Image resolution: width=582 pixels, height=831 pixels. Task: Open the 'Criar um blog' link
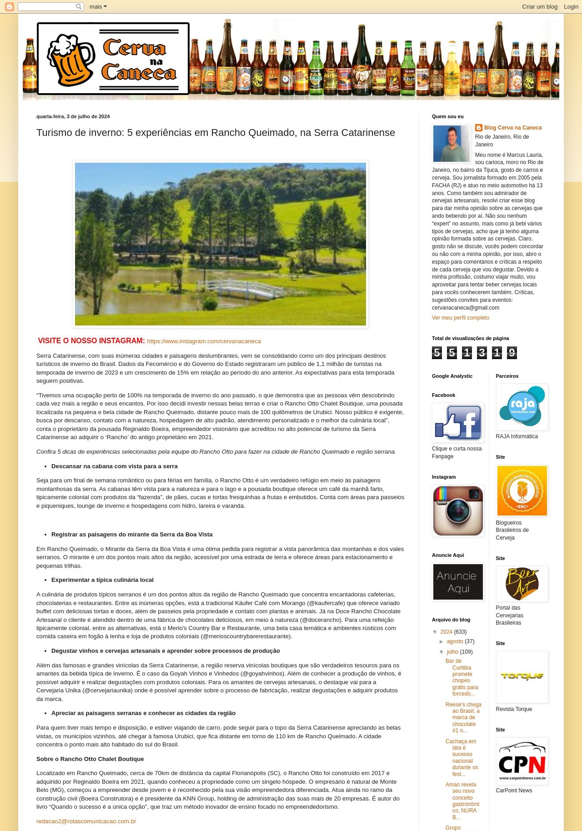[539, 6]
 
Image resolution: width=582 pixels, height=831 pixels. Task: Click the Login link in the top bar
[571, 6]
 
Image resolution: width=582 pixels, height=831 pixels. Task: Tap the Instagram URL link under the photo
[204, 341]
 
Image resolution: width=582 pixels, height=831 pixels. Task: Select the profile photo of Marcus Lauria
[451, 144]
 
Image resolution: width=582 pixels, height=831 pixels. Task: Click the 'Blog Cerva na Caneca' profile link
[512, 128]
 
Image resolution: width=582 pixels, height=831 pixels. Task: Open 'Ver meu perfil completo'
[460, 318]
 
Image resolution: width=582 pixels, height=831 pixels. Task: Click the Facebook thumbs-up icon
[458, 423]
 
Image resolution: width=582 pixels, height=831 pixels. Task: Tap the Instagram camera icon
[458, 511]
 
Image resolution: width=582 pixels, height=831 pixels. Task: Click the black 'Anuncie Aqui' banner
[458, 582]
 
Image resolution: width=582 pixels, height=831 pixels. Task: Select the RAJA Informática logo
[522, 407]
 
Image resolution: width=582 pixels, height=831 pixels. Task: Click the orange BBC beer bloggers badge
[522, 491]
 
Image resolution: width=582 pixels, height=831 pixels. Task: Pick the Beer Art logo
[522, 584]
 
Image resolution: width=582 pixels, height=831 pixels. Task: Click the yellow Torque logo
[522, 676]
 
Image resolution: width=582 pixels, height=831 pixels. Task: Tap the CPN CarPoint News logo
[522, 761]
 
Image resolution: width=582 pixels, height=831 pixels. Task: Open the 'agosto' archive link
[455, 641]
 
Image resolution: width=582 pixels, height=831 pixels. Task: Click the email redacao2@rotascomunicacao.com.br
[86, 821]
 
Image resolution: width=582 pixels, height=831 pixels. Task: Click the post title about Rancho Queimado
[216, 133]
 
